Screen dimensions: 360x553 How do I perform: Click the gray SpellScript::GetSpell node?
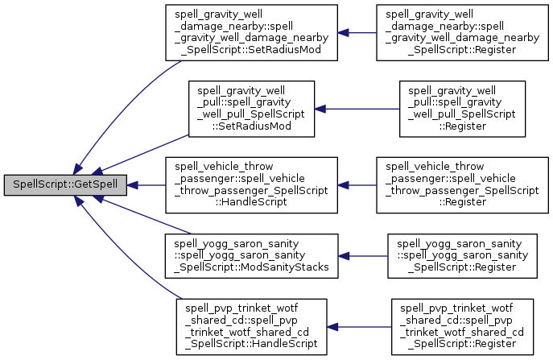(x=65, y=184)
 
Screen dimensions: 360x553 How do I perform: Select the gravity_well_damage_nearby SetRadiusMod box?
(x=250, y=34)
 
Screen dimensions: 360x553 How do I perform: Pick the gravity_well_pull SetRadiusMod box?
(x=250, y=107)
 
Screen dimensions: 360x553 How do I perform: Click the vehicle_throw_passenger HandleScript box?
(x=250, y=184)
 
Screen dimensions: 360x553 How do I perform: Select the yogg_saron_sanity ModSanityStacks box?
(x=250, y=256)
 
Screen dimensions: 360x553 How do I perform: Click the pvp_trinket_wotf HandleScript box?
(x=250, y=327)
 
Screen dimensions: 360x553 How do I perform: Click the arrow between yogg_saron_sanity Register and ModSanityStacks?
(x=362, y=256)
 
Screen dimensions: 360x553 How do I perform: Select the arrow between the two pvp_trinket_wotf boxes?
(x=359, y=327)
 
